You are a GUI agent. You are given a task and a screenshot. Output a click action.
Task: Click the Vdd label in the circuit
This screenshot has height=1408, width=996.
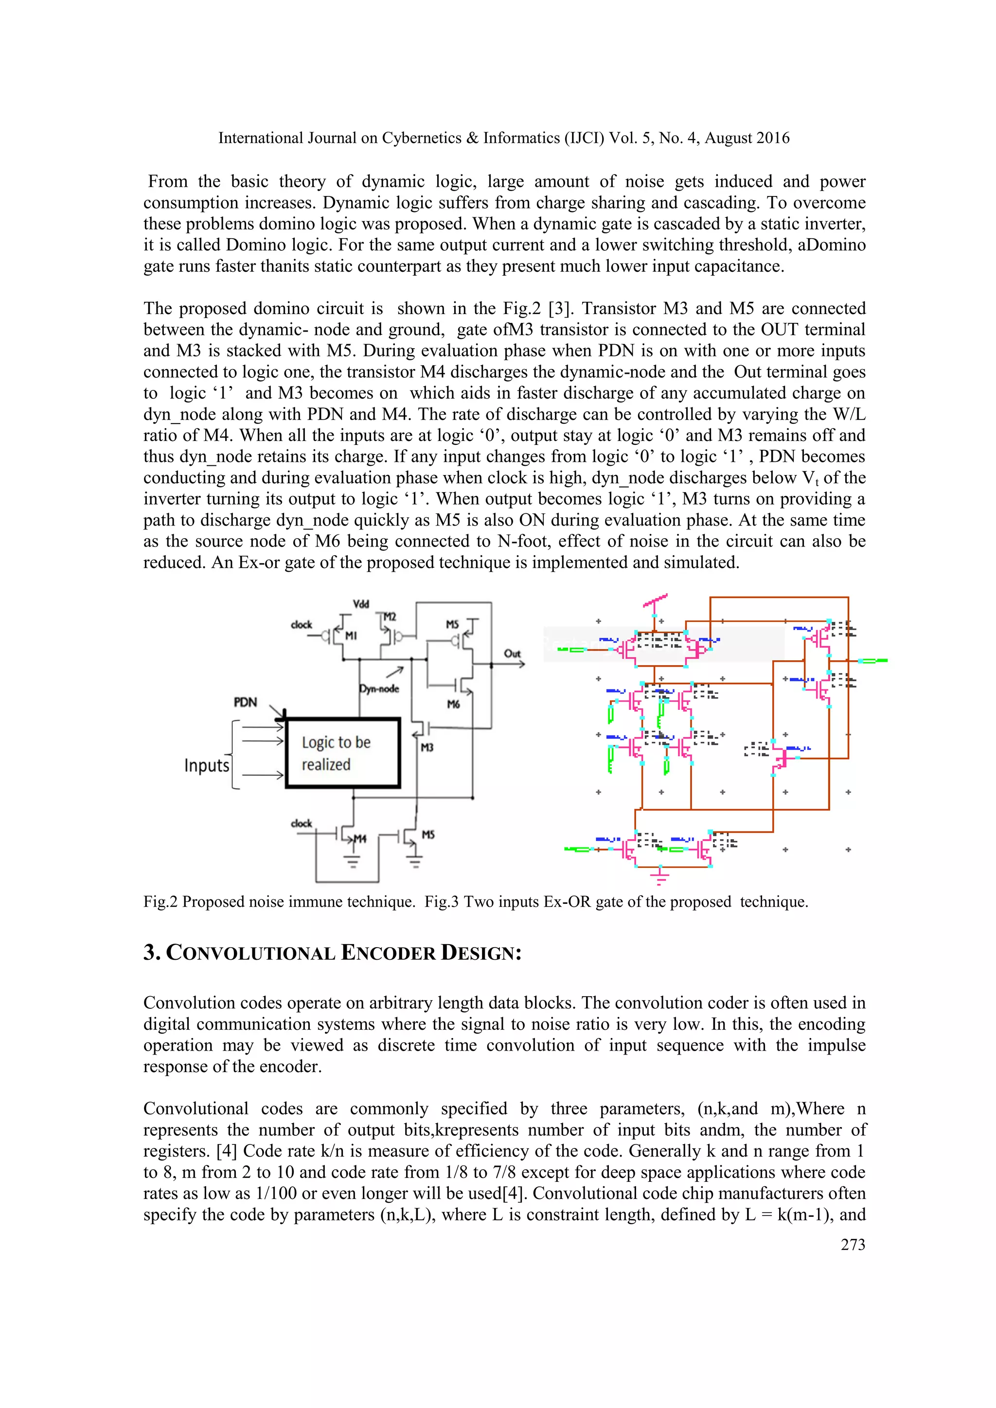pos(361,604)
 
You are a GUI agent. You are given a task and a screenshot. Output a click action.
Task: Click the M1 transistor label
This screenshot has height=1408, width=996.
pos(350,636)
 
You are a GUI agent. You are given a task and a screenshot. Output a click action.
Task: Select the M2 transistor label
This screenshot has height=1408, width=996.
pos(390,616)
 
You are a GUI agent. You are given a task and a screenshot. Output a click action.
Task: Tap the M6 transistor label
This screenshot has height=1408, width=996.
pos(453,704)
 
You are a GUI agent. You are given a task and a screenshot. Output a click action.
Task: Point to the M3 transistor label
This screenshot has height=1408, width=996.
pos(427,748)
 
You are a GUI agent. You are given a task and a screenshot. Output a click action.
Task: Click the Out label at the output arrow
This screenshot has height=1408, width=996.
pos(512,654)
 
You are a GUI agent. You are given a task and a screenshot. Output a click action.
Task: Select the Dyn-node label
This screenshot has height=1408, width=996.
pos(379,688)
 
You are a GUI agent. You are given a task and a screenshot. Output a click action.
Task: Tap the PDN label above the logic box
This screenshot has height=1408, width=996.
pos(245,702)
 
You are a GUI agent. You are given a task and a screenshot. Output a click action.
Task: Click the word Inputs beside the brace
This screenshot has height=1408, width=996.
pos(207,765)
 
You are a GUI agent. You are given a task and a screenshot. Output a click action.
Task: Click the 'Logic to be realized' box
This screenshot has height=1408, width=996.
pos(343,753)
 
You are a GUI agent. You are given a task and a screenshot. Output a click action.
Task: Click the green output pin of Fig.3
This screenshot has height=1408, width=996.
pos(873,660)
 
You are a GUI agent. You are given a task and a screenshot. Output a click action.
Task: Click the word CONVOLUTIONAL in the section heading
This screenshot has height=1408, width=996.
pos(250,953)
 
